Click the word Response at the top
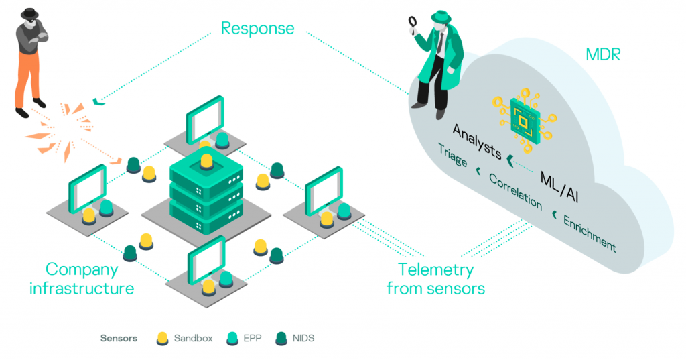click(257, 29)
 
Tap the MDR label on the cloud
click(603, 55)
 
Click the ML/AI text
click(559, 187)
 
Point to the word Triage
click(453, 156)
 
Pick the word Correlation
click(516, 191)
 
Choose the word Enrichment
click(590, 234)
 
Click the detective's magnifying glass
click(413, 22)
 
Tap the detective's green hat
click(441, 17)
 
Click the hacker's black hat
click(29, 13)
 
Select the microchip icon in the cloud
click(525, 120)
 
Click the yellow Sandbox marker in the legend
click(162, 339)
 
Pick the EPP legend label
click(253, 338)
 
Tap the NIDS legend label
click(303, 338)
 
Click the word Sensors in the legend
click(119, 338)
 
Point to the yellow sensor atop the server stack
click(206, 162)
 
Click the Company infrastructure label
click(82, 279)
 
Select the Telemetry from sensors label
click(435, 279)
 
